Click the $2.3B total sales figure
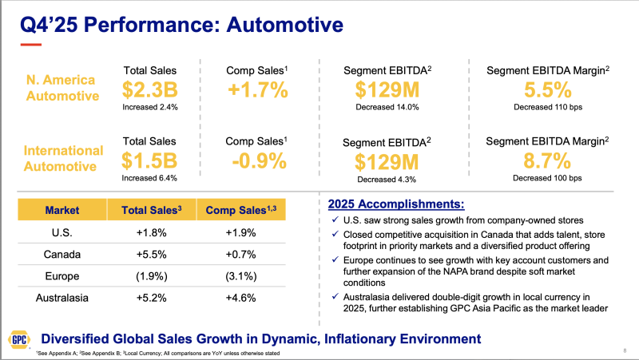149,89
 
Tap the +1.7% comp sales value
257,89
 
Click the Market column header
62,210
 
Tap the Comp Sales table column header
240,210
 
